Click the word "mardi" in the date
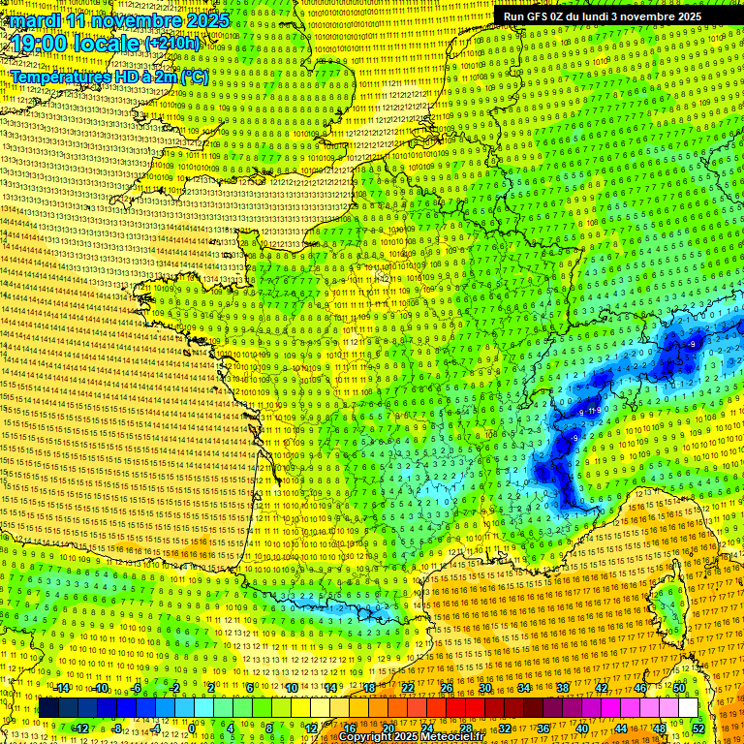(35, 20)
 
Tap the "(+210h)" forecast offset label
(172, 44)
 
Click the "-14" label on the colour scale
(61, 688)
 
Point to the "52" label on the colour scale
(698, 728)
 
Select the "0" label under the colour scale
(193, 728)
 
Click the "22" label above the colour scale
(408, 688)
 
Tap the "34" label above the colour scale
(524, 688)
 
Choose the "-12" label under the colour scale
(80, 728)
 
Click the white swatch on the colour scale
(688, 708)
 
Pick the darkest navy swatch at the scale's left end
(48, 708)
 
